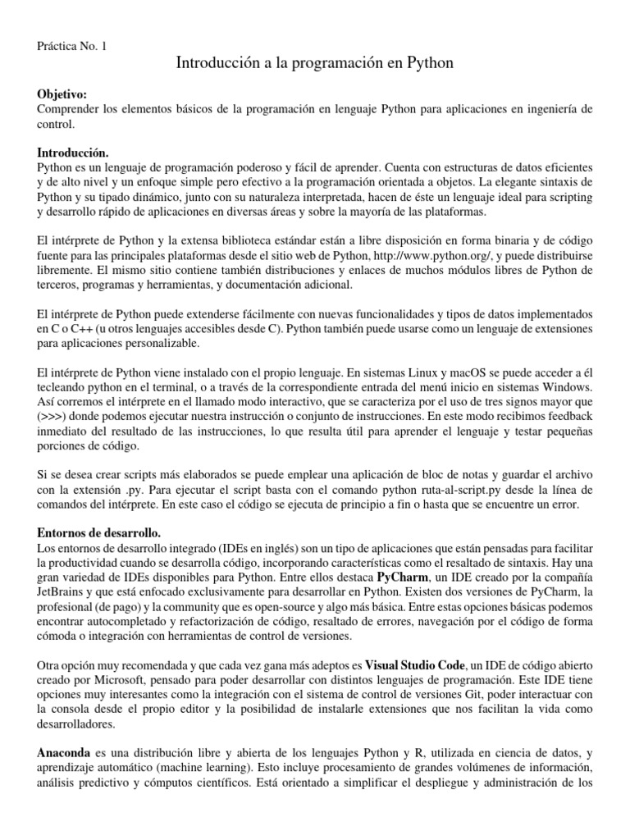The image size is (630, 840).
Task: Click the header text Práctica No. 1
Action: (x=72, y=45)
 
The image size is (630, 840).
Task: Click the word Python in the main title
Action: (x=431, y=63)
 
